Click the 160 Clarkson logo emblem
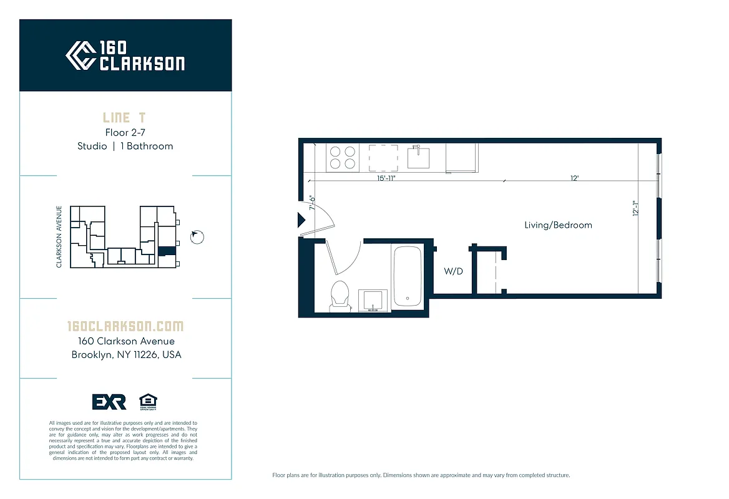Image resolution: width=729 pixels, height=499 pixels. [81, 56]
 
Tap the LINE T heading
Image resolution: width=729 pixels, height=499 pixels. [125, 118]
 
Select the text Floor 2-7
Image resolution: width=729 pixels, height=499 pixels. [125, 132]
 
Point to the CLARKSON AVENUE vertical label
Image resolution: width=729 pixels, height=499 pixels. [59, 236]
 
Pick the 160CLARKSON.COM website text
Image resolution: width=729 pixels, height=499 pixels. [125, 326]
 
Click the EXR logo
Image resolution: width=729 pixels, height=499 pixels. [109, 402]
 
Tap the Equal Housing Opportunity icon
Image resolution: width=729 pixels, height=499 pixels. [148, 402]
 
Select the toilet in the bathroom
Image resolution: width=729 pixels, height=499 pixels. [340, 294]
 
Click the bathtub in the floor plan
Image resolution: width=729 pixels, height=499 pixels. [408, 276]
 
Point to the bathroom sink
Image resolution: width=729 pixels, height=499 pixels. [373, 299]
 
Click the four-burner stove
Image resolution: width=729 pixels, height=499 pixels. [342, 157]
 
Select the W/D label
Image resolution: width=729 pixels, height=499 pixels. [453, 271]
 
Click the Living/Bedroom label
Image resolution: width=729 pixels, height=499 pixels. [558, 225]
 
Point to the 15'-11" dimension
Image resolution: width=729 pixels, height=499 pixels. [386, 178]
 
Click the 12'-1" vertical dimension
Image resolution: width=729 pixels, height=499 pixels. [635, 208]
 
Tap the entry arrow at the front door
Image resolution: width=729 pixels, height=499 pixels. [301, 220]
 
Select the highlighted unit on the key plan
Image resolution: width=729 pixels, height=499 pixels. [165, 251]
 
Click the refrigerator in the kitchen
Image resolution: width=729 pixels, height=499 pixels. [462, 158]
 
